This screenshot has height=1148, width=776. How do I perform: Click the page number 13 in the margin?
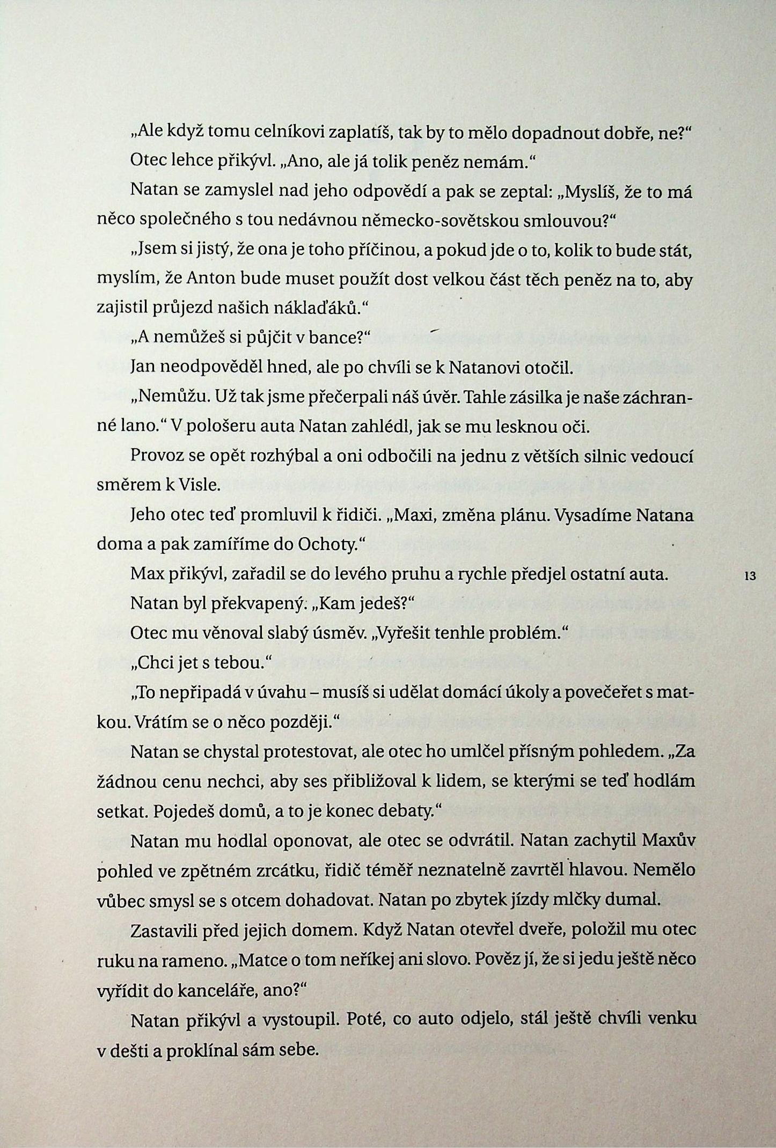[x=750, y=576]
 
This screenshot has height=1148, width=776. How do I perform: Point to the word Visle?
[x=200, y=485]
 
